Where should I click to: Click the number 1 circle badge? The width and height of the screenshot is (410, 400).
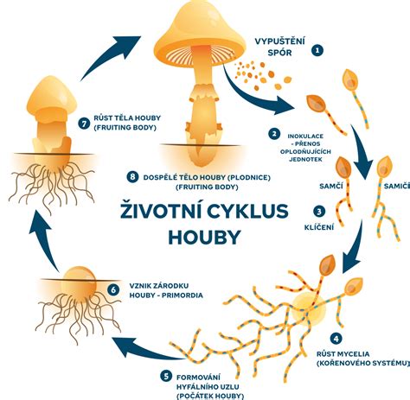pyautogui.click(x=317, y=50)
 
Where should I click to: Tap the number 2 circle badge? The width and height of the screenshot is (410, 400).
pyautogui.click(x=274, y=133)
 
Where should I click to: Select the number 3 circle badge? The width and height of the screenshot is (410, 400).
pyautogui.click(x=319, y=212)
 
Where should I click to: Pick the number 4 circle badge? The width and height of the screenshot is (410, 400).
pyautogui.click(x=336, y=339)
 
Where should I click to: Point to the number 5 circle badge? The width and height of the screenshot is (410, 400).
pyautogui.click(x=166, y=376)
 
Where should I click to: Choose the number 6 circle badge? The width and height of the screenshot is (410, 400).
pyautogui.click(x=113, y=289)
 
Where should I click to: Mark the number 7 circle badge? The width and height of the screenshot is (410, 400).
pyautogui.click(x=84, y=124)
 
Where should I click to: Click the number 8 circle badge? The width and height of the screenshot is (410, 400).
pyautogui.click(x=132, y=176)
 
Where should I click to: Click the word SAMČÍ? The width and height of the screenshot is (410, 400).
pyautogui.click(x=331, y=186)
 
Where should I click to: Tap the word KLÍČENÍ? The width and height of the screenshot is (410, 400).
pyautogui.click(x=319, y=227)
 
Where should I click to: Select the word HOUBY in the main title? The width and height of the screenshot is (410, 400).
pyautogui.click(x=204, y=238)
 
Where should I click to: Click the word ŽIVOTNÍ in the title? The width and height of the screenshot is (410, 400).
pyautogui.click(x=161, y=210)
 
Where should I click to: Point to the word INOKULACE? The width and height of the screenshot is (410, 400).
pyautogui.click(x=305, y=137)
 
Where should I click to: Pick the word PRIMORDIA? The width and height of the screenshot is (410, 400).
pyautogui.click(x=183, y=295)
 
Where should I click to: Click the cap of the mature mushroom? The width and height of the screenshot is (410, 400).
pyautogui.click(x=200, y=32)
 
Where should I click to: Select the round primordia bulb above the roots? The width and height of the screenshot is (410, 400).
pyautogui.click(x=79, y=283)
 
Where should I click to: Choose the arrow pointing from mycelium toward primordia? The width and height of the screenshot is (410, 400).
pyautogui.click(x=147, y=348)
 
